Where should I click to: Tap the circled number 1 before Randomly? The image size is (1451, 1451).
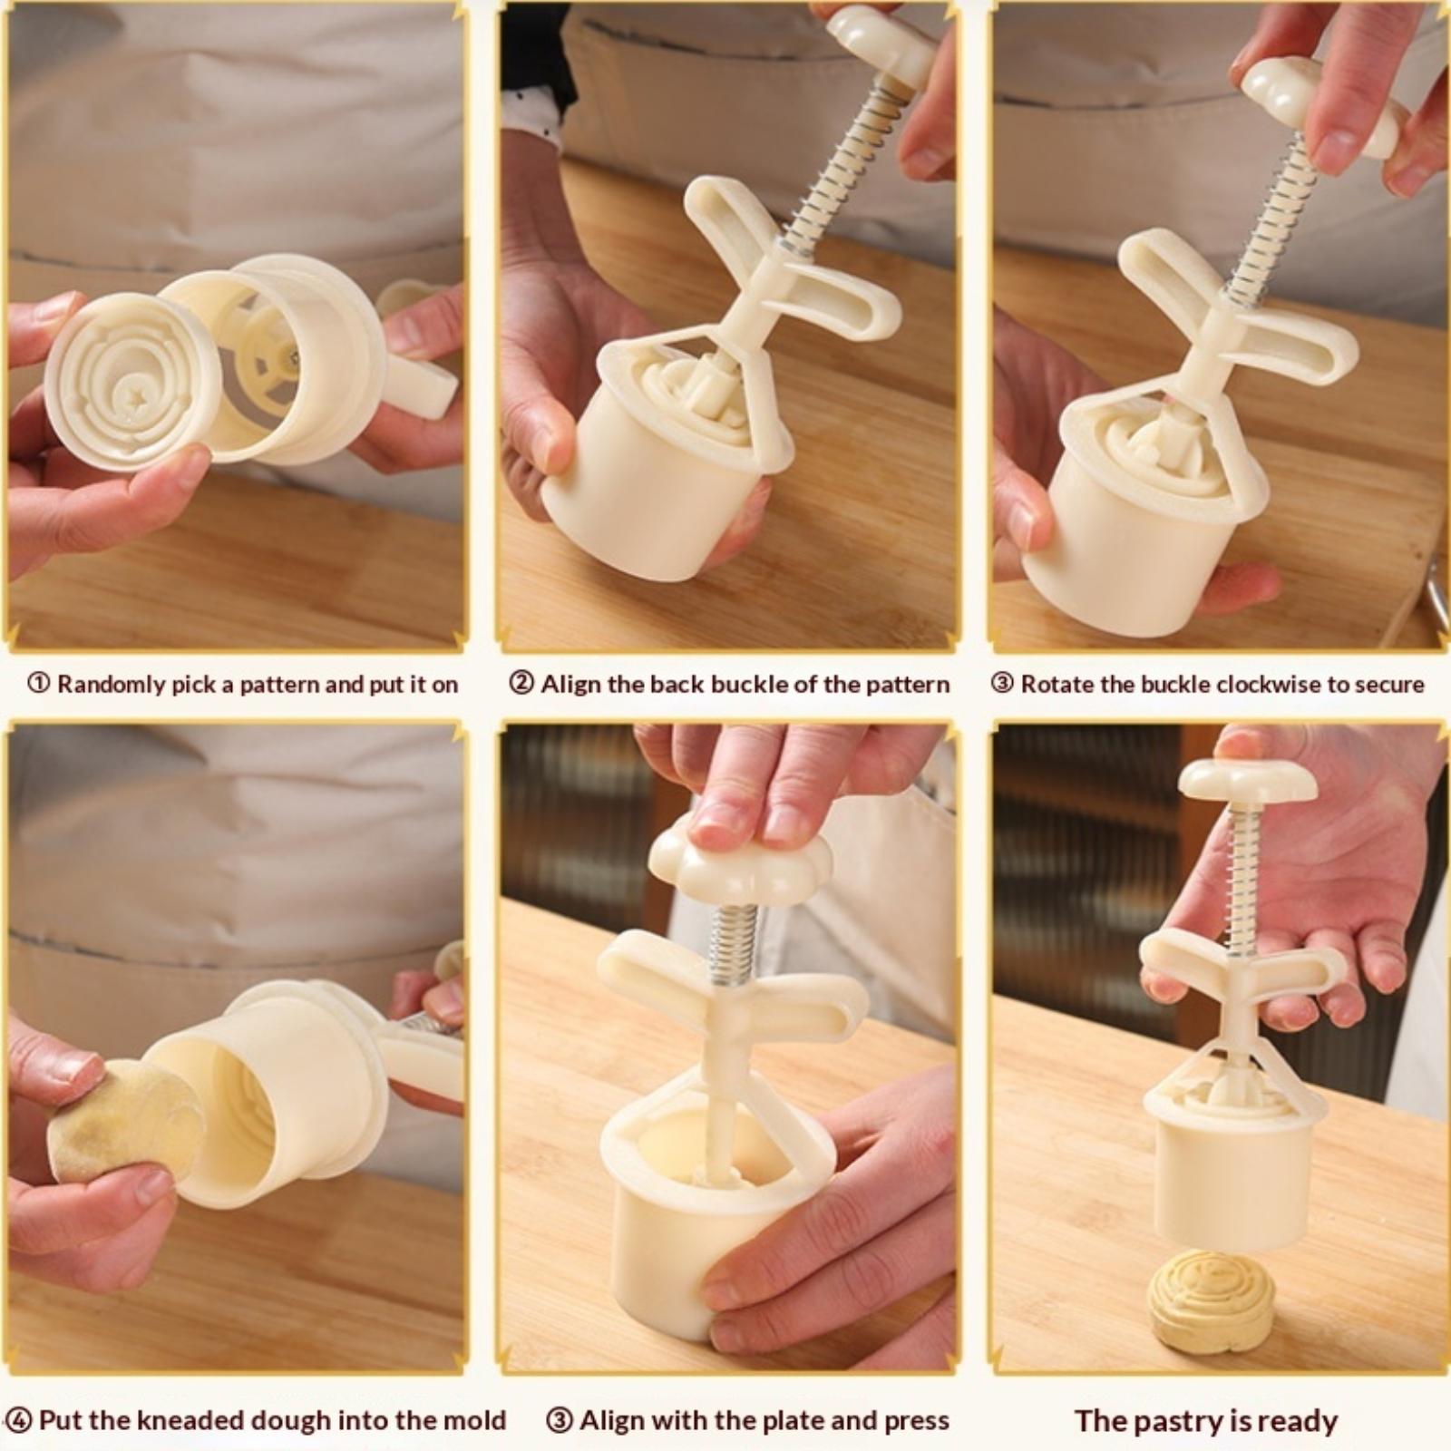39,684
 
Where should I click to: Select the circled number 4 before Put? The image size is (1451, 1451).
19,1419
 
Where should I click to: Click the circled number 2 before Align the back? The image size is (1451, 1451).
521,684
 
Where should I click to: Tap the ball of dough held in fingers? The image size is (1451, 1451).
126,1121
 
